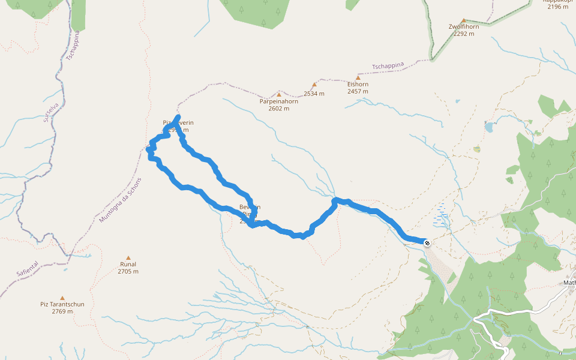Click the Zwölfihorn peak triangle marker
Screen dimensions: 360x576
(463, 20)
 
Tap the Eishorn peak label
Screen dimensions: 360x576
(358, 85)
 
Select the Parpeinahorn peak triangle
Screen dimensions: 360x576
(278, 94)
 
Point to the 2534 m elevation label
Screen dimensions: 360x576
(314, 94)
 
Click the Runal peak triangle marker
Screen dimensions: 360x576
(128, 257)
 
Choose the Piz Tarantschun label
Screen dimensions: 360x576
(62, 304)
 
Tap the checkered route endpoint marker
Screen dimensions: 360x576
(427, 243)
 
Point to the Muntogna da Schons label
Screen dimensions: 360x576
(121, 200)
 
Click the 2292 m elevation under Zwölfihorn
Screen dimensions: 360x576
(464, 34)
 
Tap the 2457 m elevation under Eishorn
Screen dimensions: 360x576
(358, 92)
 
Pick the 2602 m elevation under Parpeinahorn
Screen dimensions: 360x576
(279, 109)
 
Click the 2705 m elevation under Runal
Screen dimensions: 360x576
(128, 272)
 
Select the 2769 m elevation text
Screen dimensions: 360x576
(62, 311)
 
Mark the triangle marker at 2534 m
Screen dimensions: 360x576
(314, 85)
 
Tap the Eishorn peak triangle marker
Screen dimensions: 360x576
(358, 77)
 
